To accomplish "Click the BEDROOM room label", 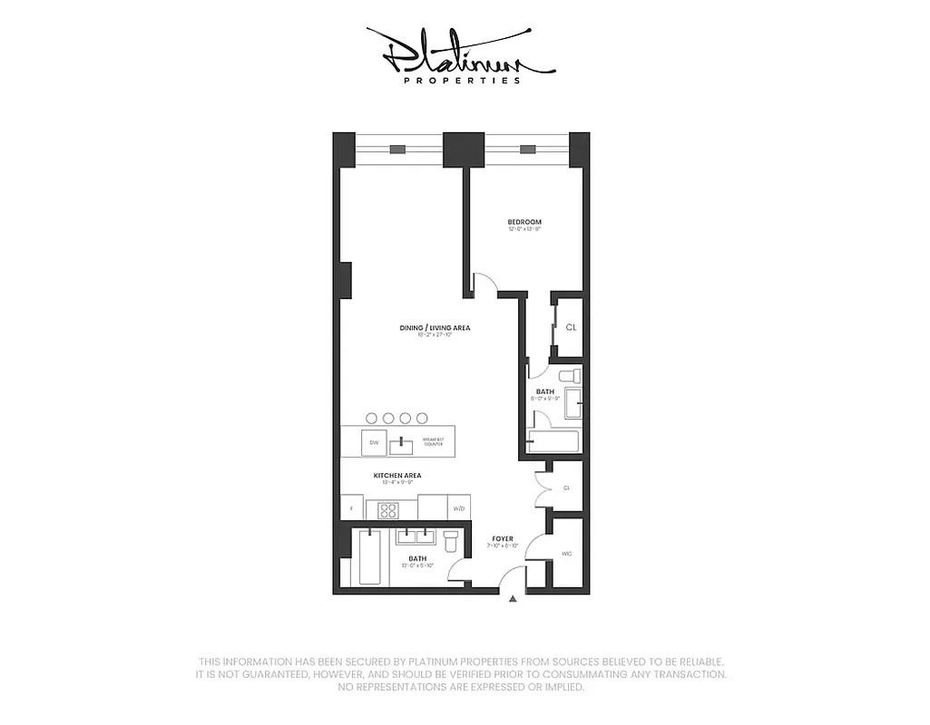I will coord(524,222).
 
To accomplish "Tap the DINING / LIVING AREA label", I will coord(435,328).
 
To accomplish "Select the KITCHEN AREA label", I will coord(397,475).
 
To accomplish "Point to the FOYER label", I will coord(503,538).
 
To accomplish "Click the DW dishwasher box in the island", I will coord(373,443).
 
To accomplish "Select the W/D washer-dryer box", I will coord(459,508).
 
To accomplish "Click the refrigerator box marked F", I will coord(350,508).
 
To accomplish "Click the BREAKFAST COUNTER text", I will coord(433,443).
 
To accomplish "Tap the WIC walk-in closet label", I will coord(567,554).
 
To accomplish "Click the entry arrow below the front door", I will coord(513,599).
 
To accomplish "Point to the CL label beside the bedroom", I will coord(571,327).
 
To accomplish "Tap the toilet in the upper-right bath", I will coord(569,375).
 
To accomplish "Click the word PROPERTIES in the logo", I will coord(462,80).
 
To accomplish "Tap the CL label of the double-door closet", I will coord(566,488).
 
